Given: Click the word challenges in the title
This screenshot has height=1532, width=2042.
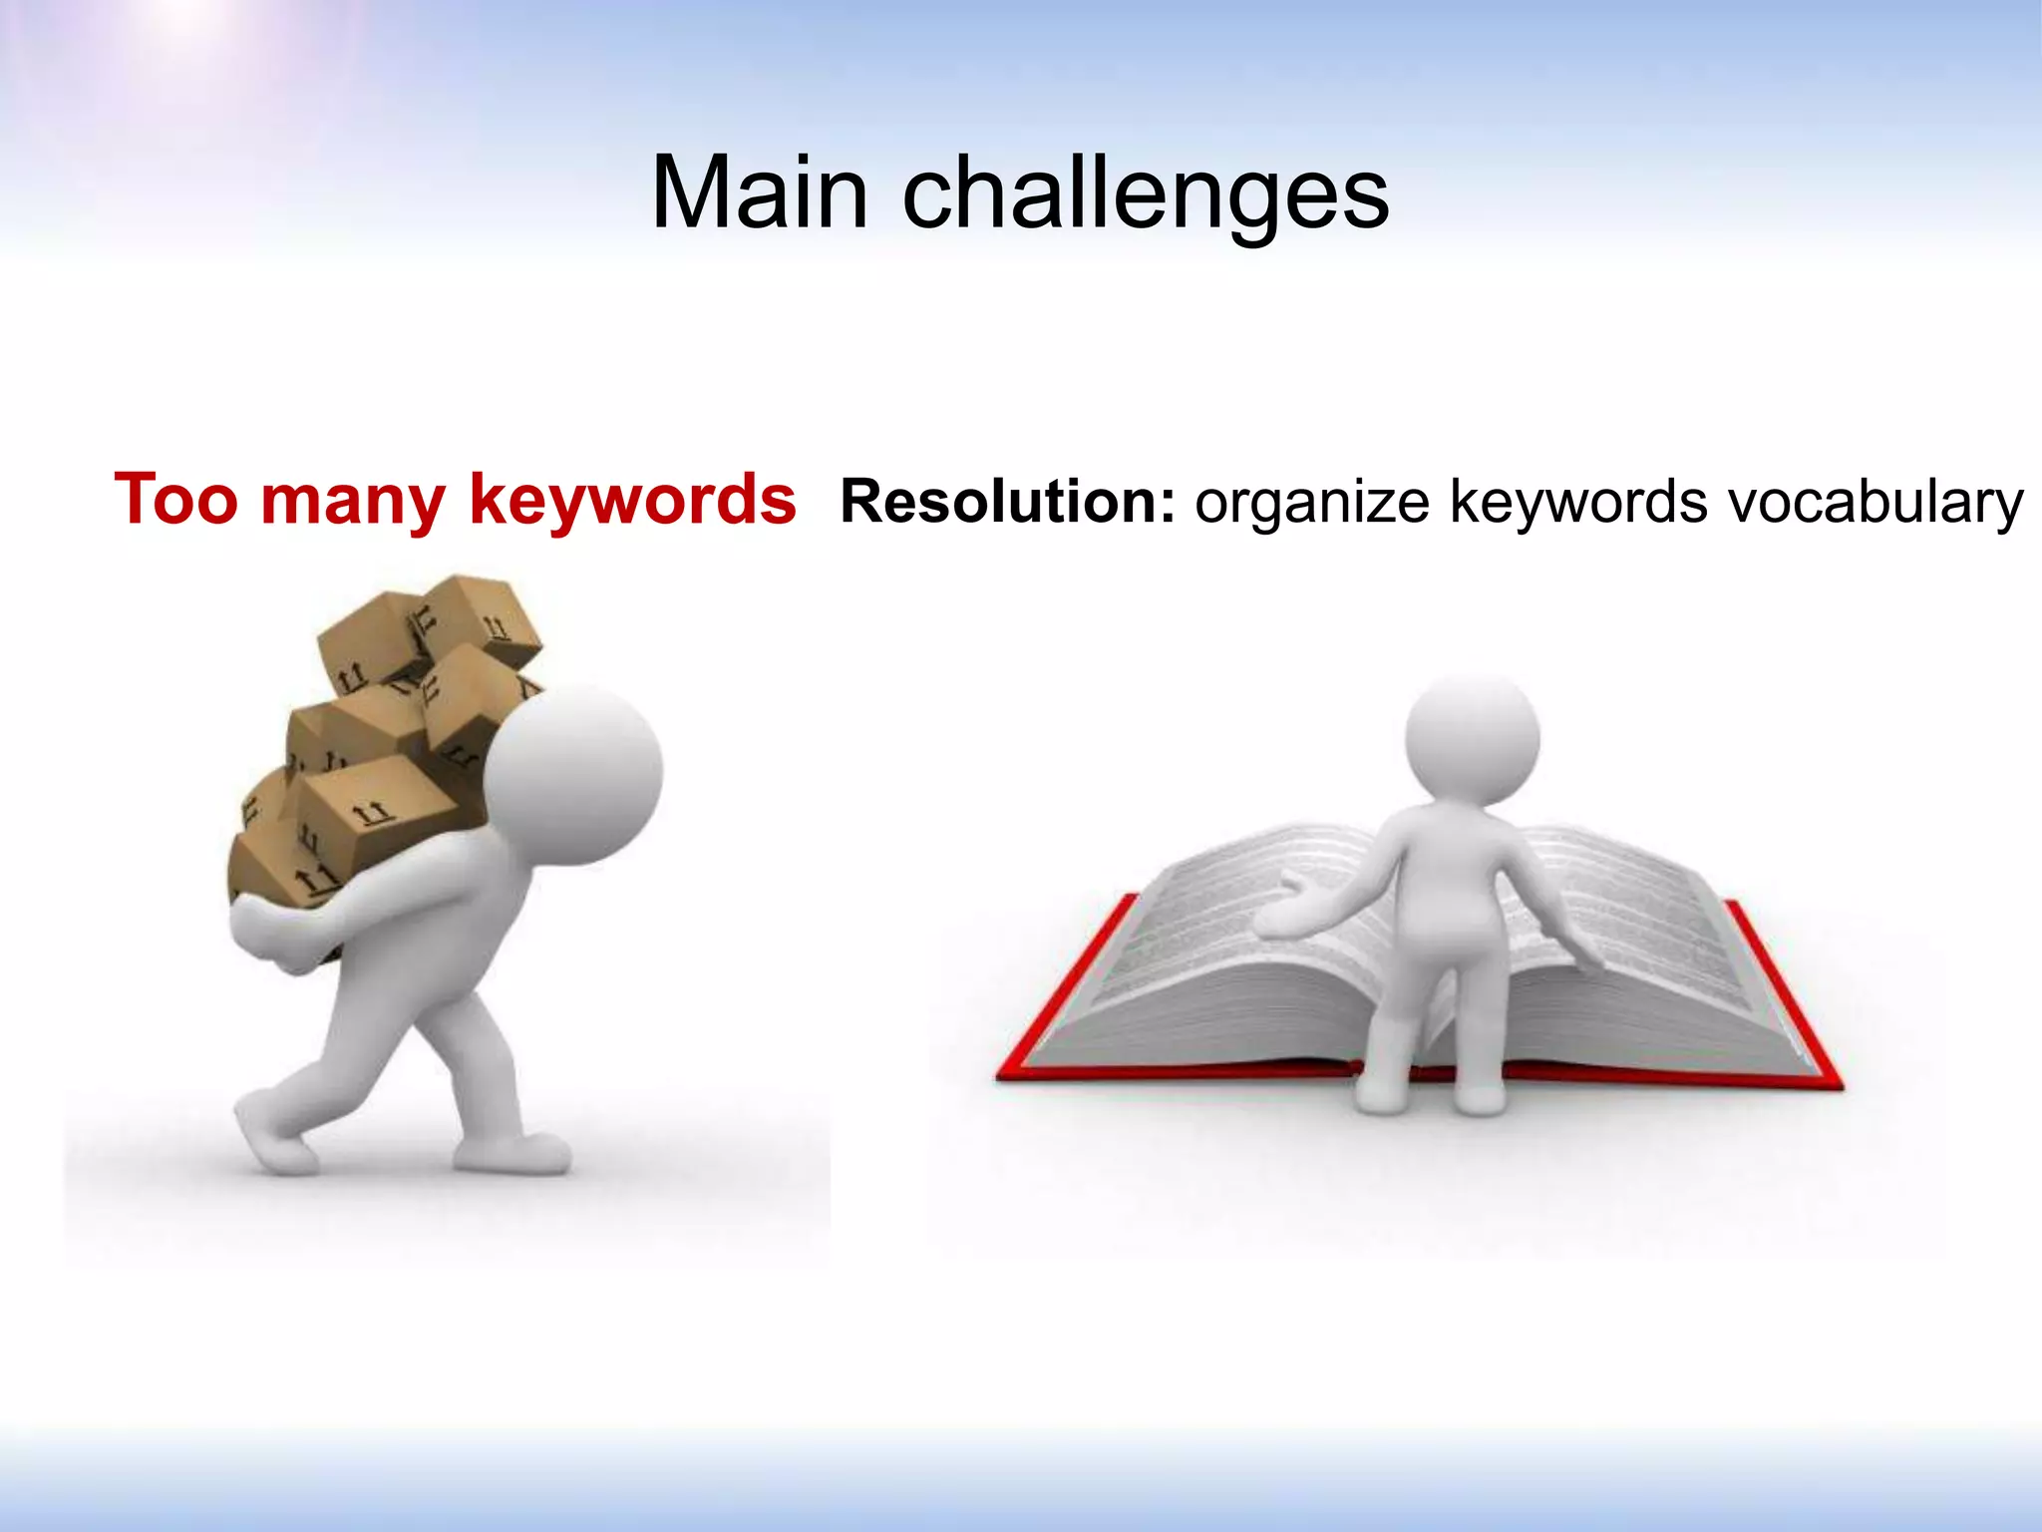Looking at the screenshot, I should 1146,194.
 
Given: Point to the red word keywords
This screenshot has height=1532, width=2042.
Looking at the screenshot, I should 632,499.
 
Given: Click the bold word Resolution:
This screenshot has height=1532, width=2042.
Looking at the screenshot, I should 1008,501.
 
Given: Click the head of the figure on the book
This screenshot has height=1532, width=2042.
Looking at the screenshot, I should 1472,739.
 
